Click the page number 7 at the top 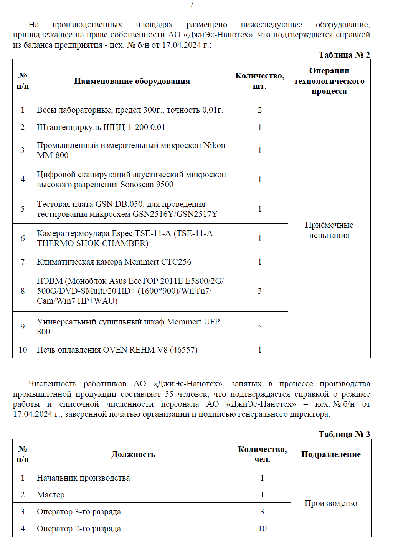[x=192, y=5]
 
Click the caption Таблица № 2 [x=344, y=55]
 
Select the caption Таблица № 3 [x=344, y=434]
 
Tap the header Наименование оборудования [x=132, y=81]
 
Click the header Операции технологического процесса [x=329, y=81]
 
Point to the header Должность [x=133, y=454]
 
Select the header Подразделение [x=331, y=454]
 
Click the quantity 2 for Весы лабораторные [x=260, y=110]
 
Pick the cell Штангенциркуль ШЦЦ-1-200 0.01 [x=101, y=127]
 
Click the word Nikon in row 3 [x=214, y=145]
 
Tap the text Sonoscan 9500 [x=147, y=185]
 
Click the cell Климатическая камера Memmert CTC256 [x=114, y=262]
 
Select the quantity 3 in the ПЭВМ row [x=260, y=291]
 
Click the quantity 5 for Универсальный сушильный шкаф [x=260, y=327]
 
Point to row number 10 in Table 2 [x=23, y=350]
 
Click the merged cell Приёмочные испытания [x=329, y=230]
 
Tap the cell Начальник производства [x=83, y=478]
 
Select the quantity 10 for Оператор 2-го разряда [x=262, y=529]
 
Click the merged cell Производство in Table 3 [x=331, y=503]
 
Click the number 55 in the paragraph [x=169, y=394]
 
